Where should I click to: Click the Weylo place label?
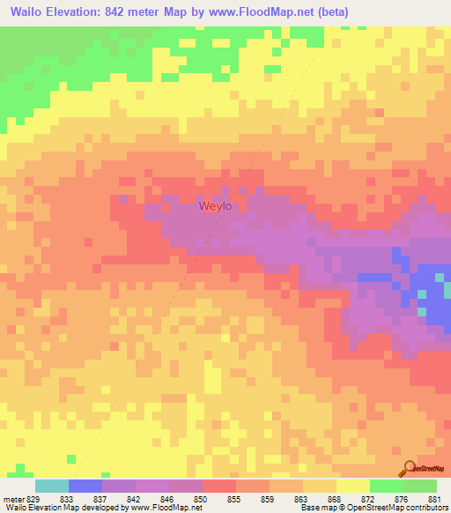click(x=215, y=206)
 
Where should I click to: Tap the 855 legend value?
click(x=236, y=499)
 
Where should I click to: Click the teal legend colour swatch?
click(x=52, y=486)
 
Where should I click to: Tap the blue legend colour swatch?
click(x=85, y=486)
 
